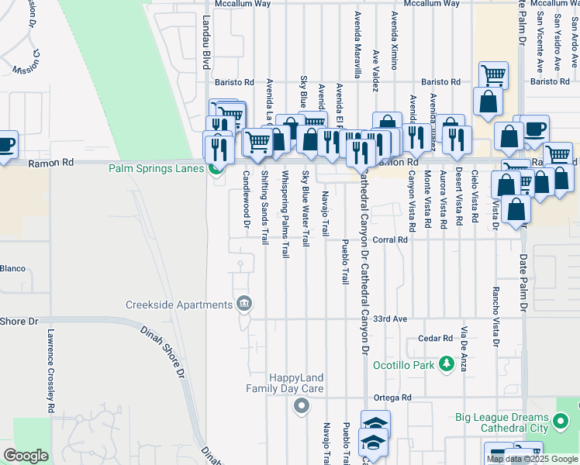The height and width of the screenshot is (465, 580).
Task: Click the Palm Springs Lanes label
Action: pyautogui.click(x=156, y=168)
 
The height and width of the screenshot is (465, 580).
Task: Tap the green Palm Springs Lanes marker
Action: pyautogui.click(x=216, y=168)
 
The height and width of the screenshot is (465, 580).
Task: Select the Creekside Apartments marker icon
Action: pyautogui.click(x=245, y=302)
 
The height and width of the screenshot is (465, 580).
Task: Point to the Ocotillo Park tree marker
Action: pyautogui.click(x=446, y=363)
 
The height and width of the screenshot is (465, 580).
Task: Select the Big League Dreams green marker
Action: pyautogui.click(x=561, y=422)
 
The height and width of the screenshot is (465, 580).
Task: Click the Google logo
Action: pyautogui.click(x=26, y=456)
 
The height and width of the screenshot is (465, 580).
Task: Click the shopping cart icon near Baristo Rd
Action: pyautogui.click(x=493, y=75)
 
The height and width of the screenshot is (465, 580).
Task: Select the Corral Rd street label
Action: pyautogui.click(x=390, y=240)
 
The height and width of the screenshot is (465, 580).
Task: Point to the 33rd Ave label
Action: pyautogui.click(x=390, y=319)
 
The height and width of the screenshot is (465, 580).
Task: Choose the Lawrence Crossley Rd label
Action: pyautogui.click(x=50, y=370)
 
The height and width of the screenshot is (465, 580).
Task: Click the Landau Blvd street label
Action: pyautogui.click(x=206, y=50)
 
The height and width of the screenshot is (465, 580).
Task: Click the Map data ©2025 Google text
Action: pyautogui.click(x=532, y=459)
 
